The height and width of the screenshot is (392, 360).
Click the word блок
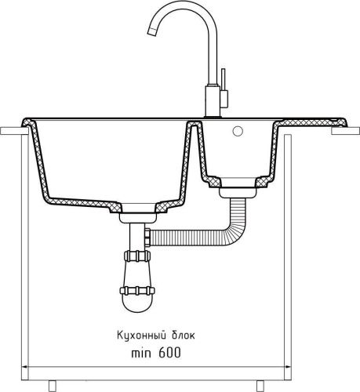pyautogui.click(x=184, y=335)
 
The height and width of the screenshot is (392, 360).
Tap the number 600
pyautogui.click(x=169, y=353)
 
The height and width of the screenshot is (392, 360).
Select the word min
pyautogui.click(x=141, y=354)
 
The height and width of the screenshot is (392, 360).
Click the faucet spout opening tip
pyautogui.click(x=152, y=32)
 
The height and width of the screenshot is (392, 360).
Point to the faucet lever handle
pyautogui.click(x=223, y=79)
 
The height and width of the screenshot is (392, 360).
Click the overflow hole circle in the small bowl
pyautogui.click(x=238, y=131)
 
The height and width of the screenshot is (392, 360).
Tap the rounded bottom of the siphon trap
pyautogui.click(x=138, y=304)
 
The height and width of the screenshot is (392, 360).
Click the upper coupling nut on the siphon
pyautogui.click(x=137, y=256)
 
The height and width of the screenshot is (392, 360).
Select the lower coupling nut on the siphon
pyautogui.click(x=137, y=291)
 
